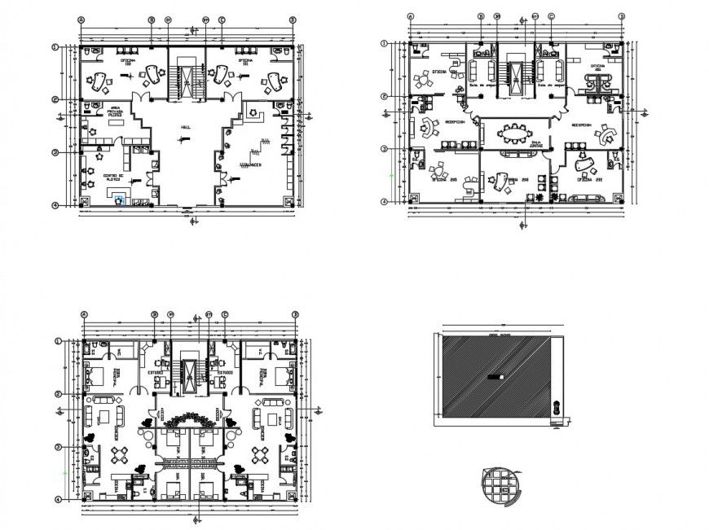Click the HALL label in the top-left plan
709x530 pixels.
187,129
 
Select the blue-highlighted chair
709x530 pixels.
121,199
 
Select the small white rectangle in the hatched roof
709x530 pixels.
496,377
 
